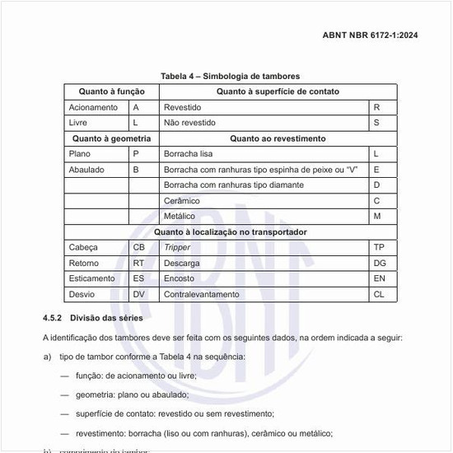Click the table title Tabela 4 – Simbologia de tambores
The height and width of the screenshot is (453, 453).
[230, 76]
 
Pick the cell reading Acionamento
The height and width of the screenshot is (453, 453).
[93, 107]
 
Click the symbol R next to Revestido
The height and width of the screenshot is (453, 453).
[376, 107]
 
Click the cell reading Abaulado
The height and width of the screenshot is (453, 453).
[86, 170]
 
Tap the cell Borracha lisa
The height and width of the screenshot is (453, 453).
[189, 154]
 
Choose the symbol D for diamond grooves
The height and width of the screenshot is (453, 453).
[376, 185]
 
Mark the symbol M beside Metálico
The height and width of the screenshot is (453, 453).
[377, 217]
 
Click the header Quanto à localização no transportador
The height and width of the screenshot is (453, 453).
[231, 232]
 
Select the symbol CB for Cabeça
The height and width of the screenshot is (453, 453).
[139, 247]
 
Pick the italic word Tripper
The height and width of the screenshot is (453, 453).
[177, 247]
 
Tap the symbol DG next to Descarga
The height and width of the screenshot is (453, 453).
[379, 263]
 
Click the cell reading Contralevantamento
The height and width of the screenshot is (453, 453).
[201, 294]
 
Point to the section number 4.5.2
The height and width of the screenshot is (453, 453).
[54, 317]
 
